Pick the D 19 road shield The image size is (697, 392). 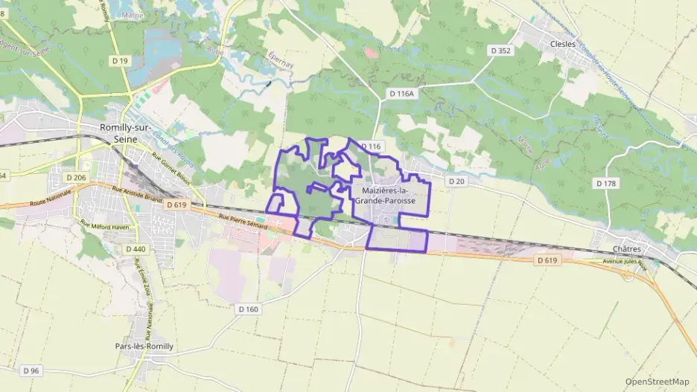click(118, 60)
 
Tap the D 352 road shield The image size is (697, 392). click(500, 51)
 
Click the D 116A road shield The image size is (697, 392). click(401, 94)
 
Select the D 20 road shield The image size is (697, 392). click(456, 181)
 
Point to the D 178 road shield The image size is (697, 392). click(605, 182)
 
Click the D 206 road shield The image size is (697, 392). click(76, 177)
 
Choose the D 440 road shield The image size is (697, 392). click(136, 248)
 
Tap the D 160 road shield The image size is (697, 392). click(249, 308)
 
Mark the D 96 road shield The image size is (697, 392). click(31, 370)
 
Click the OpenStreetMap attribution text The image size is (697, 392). click(657, 382)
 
